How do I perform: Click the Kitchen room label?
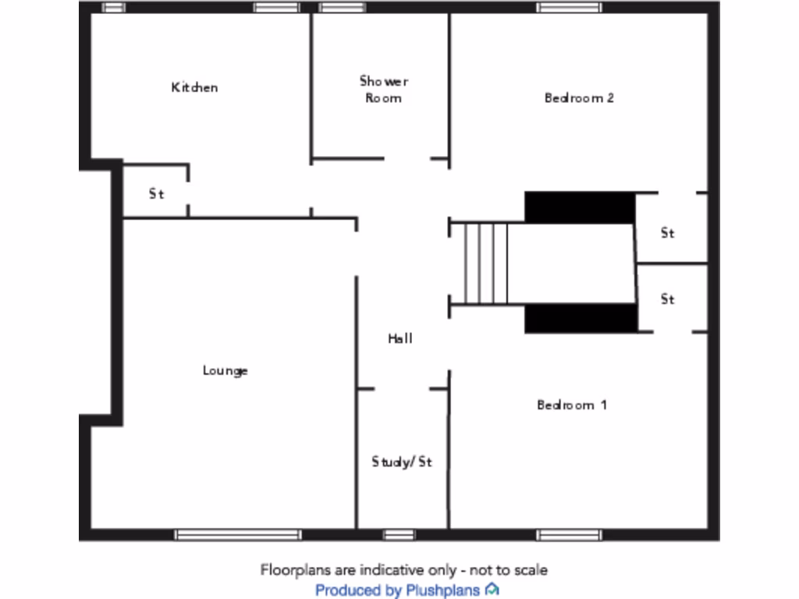(x=194, y=87)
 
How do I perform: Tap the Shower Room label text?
(x=384, y=90)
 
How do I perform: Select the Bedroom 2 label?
(x=579, y=97)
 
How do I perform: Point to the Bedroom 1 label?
(x=572, y=405)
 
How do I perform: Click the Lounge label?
(x=225, y=370)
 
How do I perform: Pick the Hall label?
(x=400, y=338)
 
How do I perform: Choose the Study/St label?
(x=402, y=462)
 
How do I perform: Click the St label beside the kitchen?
(x=156, y=194)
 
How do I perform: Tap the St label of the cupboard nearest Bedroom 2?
(x=668, y=233)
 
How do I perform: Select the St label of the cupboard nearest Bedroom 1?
(x=668, y=299)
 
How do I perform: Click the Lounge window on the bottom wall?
(x=238, y=535)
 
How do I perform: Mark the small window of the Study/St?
(x=399, y=535)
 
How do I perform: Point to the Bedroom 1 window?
(x=569, y=535)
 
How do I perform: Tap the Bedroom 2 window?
(x=569, y=7)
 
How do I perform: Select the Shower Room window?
(x=342, y=7)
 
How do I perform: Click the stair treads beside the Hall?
(x=486, y=264)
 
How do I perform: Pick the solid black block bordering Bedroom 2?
(x=580, y=207)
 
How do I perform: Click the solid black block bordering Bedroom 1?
(x=581, y=318)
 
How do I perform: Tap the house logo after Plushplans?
(x=492, y=590)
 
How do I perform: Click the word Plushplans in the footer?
(x=443, y=590)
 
